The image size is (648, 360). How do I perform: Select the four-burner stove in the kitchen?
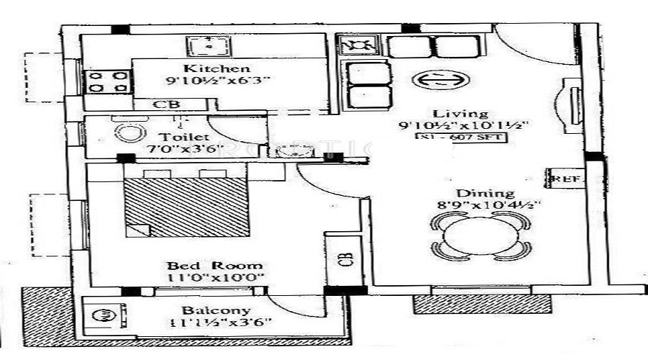point(107,81)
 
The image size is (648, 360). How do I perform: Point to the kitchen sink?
point(207,46)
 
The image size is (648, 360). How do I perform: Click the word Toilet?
point(174,137)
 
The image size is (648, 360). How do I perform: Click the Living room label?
point(451,113)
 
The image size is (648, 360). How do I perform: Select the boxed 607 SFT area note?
point(462,138)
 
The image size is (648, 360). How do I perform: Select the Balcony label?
point(206,310)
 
